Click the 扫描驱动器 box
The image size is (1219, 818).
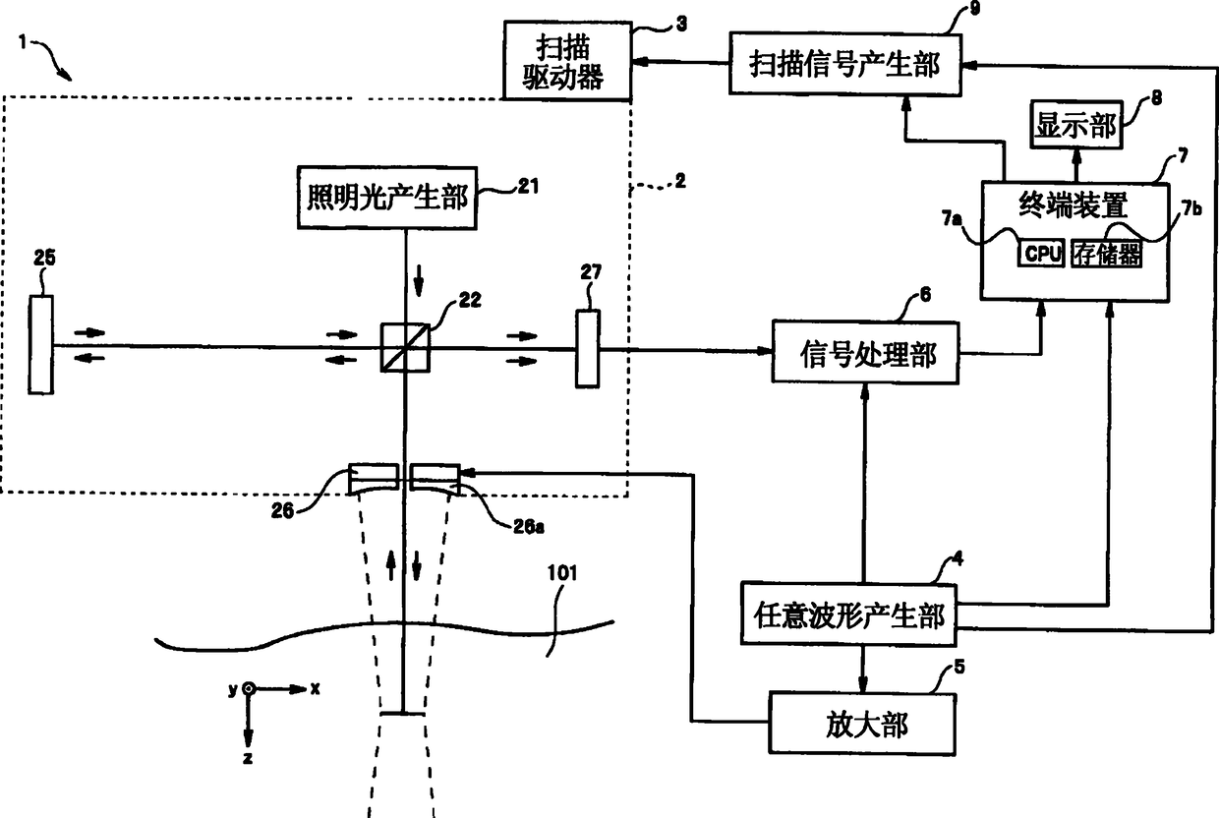coord(567,61)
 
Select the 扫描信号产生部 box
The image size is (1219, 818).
coord(845,65)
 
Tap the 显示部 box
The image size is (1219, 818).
coord(1076,124)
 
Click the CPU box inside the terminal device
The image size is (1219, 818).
coord(1041,253)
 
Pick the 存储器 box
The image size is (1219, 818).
coord(1106,253)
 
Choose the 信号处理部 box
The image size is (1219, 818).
coord(865,353)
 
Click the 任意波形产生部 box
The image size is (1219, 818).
coord(848,614)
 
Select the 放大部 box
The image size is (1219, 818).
coord(862,724)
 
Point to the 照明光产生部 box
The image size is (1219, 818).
coord(387,198)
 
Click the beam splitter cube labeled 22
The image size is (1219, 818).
coord(405,348)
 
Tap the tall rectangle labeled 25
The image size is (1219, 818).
coord(41,344)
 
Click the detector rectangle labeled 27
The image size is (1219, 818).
coord(588,349)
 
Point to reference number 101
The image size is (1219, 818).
coord(561,573)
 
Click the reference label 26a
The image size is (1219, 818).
coord(529,526)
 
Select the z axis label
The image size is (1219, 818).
coord(248,758)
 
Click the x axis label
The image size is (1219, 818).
coord(316,689)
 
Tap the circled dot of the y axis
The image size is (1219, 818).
coord(248,689)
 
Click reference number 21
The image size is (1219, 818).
coord(528,187)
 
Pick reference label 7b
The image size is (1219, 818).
coord(1191,208)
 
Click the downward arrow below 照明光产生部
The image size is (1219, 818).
coord(418,281)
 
